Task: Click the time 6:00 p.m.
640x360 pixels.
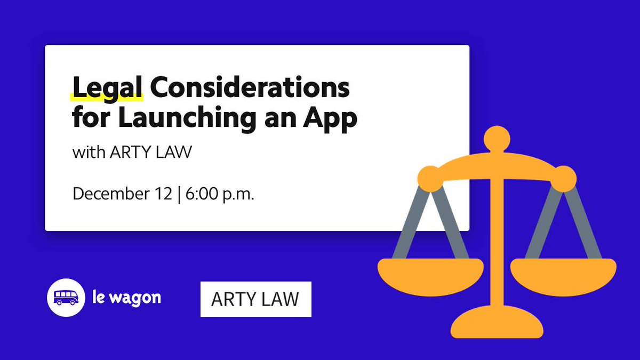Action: (219, 193)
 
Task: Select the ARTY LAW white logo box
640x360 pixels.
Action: (255, 299)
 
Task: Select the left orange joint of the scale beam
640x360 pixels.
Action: (429, 178)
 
